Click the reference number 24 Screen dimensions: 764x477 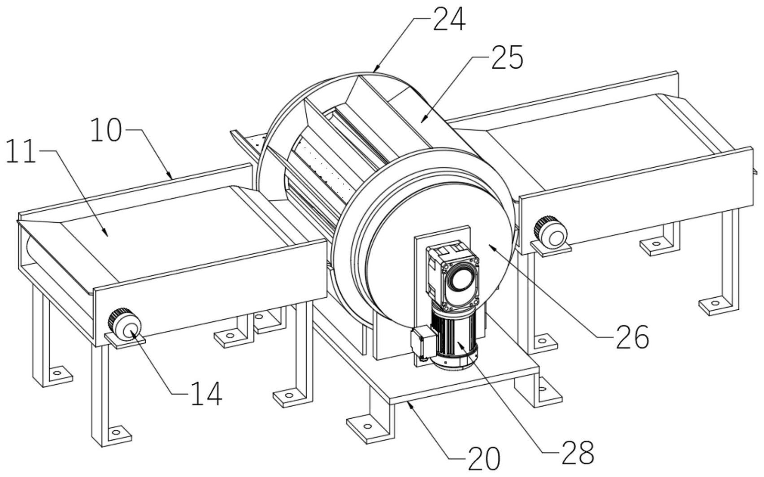click(x=449, y=19)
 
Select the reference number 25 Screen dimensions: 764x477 click(x=507, y=57)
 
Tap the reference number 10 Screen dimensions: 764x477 click(x=106, y=130)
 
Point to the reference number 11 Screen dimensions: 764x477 click(x=21, y=151)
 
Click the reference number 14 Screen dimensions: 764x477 click(x=207, y=394)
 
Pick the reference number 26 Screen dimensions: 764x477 click(x=632, y=337)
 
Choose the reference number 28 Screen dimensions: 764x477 click(x=578, y=452)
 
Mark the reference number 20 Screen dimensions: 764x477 click(x=484, y=459)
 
